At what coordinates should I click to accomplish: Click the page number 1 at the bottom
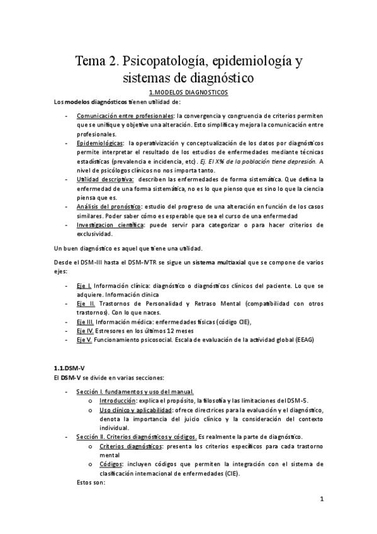pyautogui.click(x=321, y=501)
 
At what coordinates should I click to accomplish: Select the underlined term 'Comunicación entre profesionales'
pyautogui.click(x=125, y=117)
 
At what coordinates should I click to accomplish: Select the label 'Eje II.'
pyautogui.click(x=85, y=304)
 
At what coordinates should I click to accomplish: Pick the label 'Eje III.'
pyautogui.click(x=86, y=322)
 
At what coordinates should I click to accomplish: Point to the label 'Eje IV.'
pyautogui.click(x=86, y=331)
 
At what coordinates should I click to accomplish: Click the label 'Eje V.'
pyautogui.click(x=84, y=339)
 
